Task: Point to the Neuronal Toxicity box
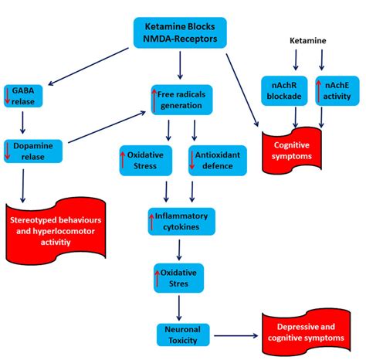point(179,335)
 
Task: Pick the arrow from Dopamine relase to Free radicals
point(108,127)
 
